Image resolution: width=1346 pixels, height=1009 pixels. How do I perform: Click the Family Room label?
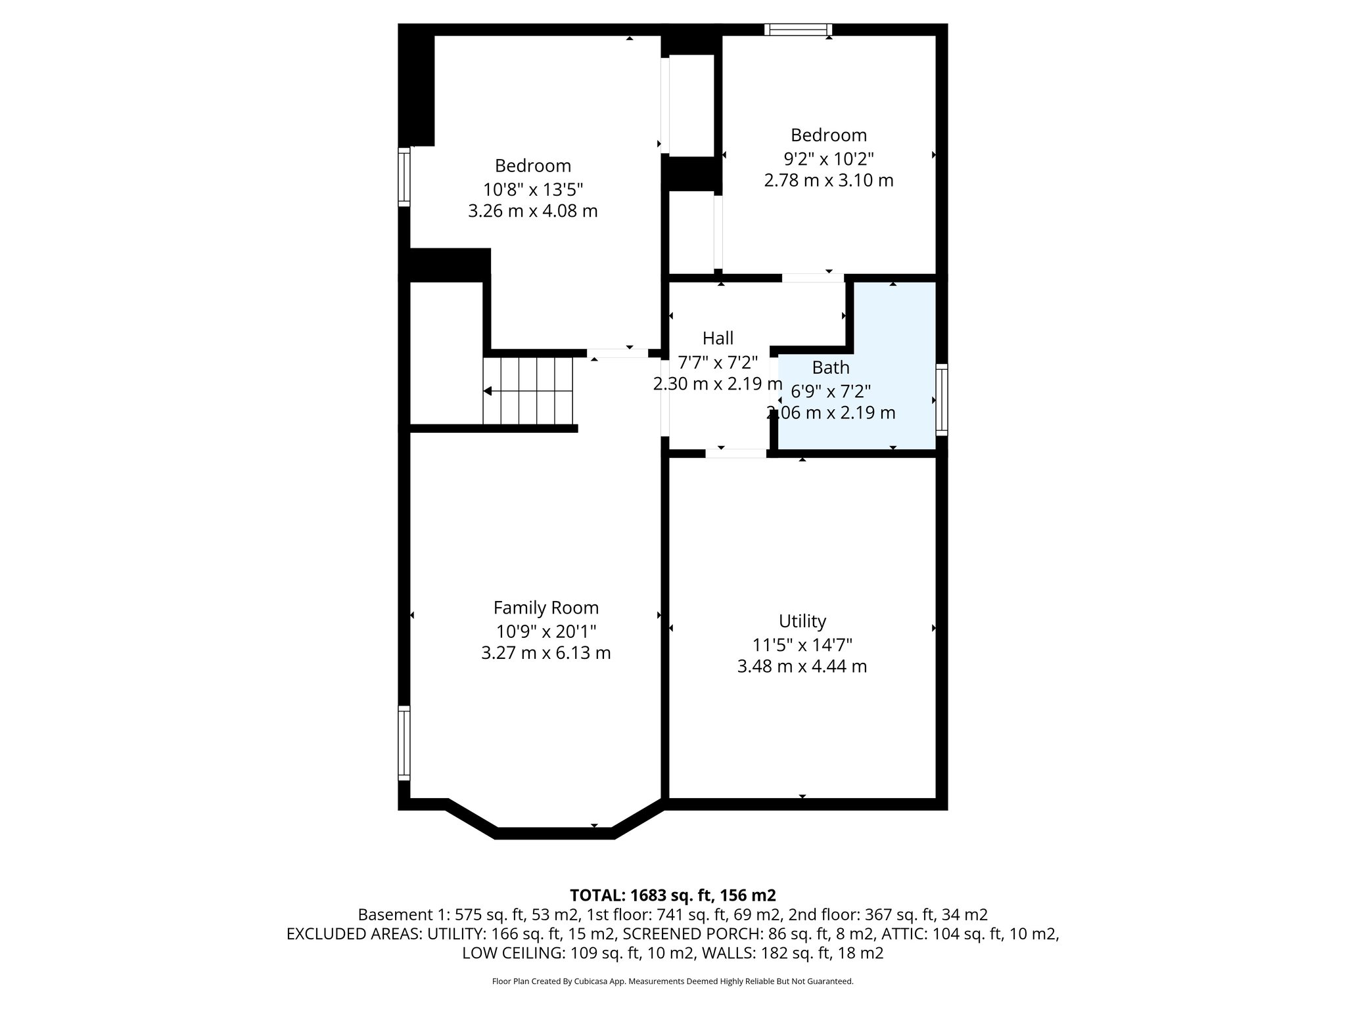coord(545,608)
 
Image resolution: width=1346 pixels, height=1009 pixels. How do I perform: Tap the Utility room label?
coord(802,621)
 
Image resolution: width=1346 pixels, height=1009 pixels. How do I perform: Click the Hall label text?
coord(718,338)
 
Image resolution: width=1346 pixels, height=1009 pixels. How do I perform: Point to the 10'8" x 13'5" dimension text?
coord(533,190)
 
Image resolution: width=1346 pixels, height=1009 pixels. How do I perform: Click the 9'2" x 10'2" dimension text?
coord(828,159)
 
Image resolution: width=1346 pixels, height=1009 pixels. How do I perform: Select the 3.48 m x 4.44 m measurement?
coord(802,666)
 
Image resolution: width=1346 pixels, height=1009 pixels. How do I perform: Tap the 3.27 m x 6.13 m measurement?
coord(545,653)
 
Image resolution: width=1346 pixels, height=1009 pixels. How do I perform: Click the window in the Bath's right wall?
coord(942,399)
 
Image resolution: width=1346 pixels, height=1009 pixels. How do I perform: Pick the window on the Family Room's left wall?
coord(404,743)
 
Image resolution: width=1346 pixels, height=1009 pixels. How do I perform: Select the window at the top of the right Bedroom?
coord(798,30)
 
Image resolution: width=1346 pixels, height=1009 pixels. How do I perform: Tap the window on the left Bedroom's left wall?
coord(404,177)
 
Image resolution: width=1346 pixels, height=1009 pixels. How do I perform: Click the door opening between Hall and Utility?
coord(735,453)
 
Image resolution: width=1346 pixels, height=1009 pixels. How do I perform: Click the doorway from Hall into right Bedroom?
coord(812,278)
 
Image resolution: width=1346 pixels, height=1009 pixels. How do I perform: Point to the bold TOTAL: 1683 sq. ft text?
coord(672,895)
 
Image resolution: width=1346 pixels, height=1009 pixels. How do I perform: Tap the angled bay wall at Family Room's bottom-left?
coord(471,818)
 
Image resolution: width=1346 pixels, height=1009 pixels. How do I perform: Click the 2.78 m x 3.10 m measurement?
coord(828,180)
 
